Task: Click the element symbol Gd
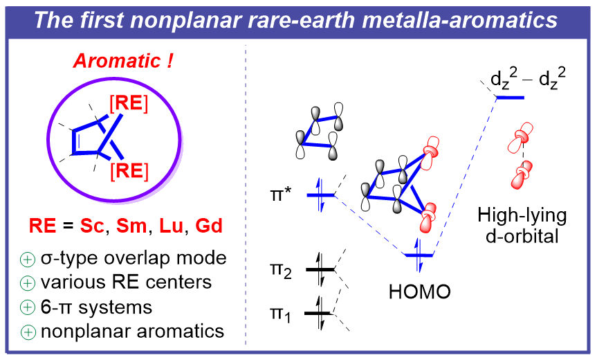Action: point(208,226)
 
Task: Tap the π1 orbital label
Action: point(282,314)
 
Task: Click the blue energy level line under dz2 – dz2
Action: point(510,98)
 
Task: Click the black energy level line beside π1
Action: point(321,314)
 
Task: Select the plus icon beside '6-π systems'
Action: point(28,307)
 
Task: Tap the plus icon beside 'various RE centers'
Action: point(28,282)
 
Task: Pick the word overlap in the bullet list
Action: point(140,258)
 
